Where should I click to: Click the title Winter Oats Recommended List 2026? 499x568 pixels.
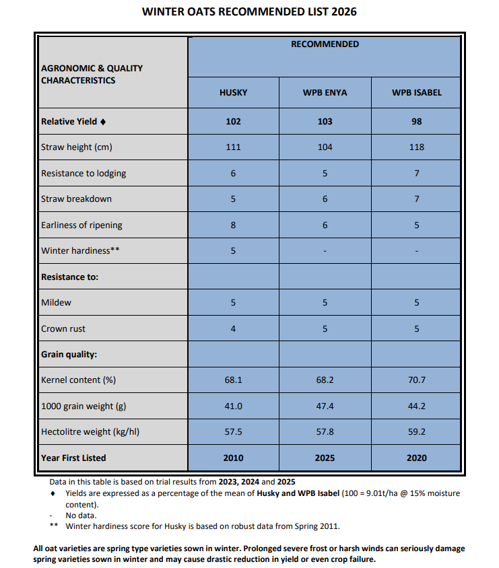(249, 11)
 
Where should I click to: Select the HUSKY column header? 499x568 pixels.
(233, 92)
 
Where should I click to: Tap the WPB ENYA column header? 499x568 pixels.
(325, 92)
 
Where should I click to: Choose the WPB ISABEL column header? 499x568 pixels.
(416, 92)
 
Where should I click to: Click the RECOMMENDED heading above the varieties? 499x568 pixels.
(325, 44)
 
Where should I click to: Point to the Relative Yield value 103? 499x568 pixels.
(325, 122)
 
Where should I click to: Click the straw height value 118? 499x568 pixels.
(416, 147)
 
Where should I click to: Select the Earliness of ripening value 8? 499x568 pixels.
(233, 225)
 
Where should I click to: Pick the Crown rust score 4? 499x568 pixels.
(233, 328)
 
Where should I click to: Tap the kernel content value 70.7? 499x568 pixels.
(416, 380)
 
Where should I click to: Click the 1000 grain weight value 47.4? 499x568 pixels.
(325, 406)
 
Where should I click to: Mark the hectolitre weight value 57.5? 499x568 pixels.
(233, 432)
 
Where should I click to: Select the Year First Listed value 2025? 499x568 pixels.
(325, 458)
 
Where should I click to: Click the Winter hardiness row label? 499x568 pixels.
(75, 251)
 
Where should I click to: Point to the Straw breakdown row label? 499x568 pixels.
(76, 199)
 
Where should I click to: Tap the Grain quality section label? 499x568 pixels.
(69, 354)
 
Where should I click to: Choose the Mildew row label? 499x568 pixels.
(56, 303)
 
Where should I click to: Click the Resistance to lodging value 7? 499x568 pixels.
(416, 174)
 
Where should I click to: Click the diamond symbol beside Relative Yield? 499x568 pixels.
(103, 122)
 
